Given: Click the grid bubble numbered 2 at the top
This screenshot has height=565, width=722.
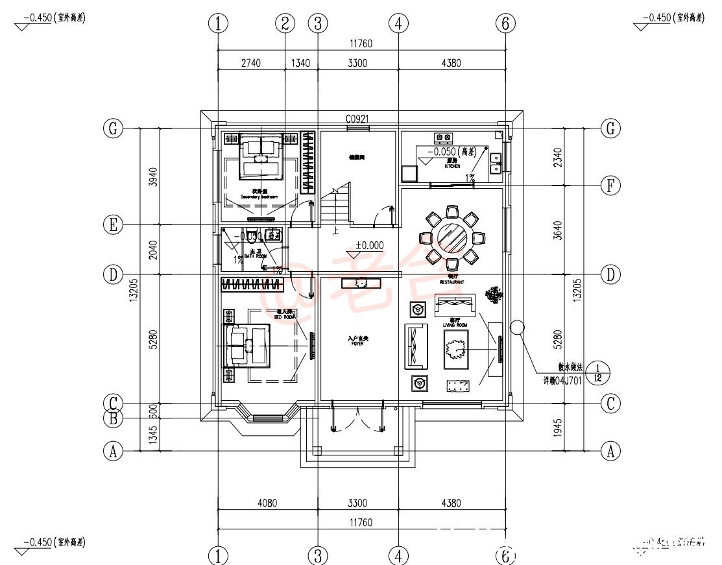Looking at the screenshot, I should (x=284, y=23).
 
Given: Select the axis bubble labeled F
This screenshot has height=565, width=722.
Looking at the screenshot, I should (x=610, y=186).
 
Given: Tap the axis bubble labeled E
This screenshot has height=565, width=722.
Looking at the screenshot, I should (x=113, y=225).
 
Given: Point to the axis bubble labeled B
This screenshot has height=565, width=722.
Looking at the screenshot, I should (x=113, y=418).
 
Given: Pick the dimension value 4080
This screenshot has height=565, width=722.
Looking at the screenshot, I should (x=267, y=502).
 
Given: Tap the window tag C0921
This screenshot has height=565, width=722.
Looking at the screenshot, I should (x=357, y=119).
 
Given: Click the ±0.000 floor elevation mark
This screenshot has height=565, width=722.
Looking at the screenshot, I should (x=369, y=246).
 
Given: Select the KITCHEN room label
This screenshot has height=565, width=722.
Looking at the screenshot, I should (x=452, y=167).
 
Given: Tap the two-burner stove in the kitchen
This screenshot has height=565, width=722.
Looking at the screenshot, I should (x=444, y=138).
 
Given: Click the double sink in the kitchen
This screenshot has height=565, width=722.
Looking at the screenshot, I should (x=496, y=163).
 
